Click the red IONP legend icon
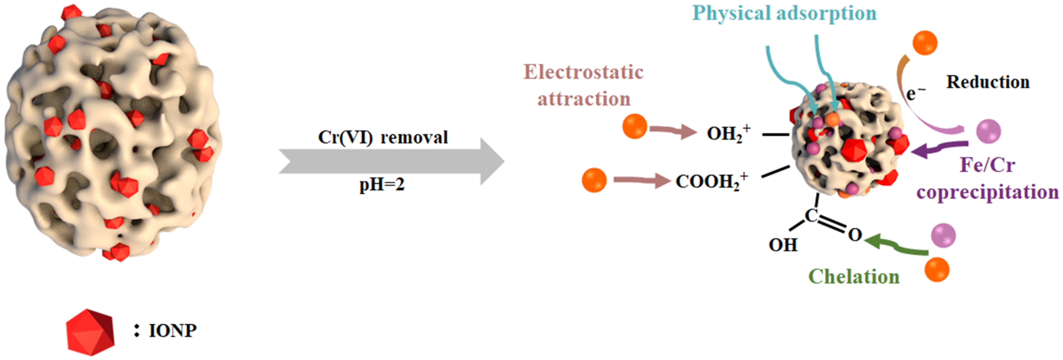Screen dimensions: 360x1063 pos(90,332)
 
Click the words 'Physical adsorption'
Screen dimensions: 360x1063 pos(784,13)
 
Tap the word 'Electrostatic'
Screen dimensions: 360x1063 pos(583,72)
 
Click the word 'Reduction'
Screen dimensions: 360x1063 pos(988,82)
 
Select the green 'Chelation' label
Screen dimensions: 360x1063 pos(853,277)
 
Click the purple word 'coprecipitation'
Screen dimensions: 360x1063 pos(988,192)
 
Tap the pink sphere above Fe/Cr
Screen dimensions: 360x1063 pos(988,131)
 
